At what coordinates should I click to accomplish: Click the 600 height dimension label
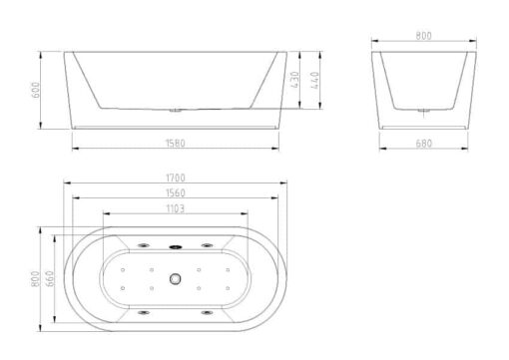tap(35, 90)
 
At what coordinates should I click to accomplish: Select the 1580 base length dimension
tap(176, 144)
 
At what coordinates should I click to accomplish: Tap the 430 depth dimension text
tap(295, 80)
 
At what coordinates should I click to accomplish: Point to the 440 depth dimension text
tap(314, 80)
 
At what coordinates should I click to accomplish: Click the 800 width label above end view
tap(423, 36)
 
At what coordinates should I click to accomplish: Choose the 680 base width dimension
tap(423, 144)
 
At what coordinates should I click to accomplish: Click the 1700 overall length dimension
tap(176, 178)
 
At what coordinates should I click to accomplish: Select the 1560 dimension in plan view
tap(176, 192)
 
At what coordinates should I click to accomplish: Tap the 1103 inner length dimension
tap(176, 208)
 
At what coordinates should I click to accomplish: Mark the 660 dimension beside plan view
tap(49, 278)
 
